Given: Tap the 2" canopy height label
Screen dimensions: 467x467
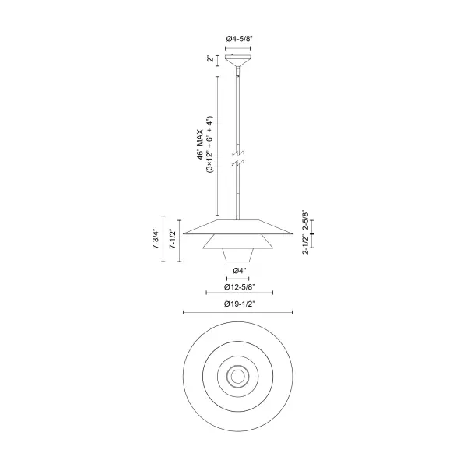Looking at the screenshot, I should click(x=209, y=59).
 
